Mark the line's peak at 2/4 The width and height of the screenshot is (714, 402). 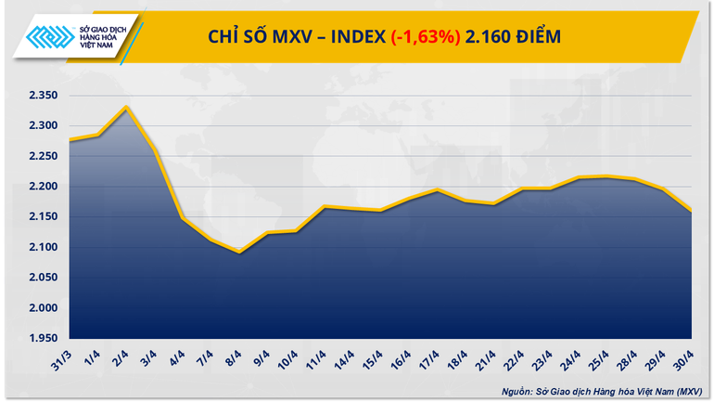coord(126,107)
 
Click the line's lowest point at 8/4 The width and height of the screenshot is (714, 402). coord(240,252)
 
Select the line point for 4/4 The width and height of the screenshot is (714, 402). coord(183,219)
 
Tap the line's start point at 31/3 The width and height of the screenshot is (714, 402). coord(70,140)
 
